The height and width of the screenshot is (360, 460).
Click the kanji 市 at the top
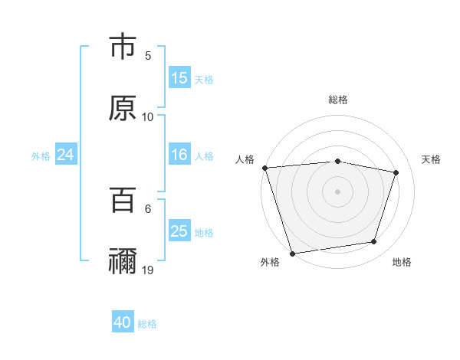(123, 47)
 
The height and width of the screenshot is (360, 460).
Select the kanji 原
(123, 108)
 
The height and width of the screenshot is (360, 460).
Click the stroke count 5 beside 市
(148, 56)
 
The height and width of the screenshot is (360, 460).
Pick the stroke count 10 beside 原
(148, 117)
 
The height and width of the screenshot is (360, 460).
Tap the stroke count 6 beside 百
(148, 208)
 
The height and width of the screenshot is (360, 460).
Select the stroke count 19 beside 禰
(148, 270)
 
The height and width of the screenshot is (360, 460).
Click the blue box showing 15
(179, 78)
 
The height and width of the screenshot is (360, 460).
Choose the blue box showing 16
(179, 155)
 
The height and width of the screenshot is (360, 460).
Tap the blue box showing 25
(179, 231)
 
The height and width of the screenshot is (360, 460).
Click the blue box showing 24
(66, 155)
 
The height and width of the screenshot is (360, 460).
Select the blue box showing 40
(123, 322)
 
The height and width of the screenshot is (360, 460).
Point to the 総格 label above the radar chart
(338, 100)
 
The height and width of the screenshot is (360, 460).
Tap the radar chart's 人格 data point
(264, 167)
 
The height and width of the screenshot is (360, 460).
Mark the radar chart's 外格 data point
(292, 253)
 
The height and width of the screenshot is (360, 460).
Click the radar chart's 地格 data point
(374, 242)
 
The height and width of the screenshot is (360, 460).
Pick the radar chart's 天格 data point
(396, 172)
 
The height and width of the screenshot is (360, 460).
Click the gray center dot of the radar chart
(338, 191)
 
